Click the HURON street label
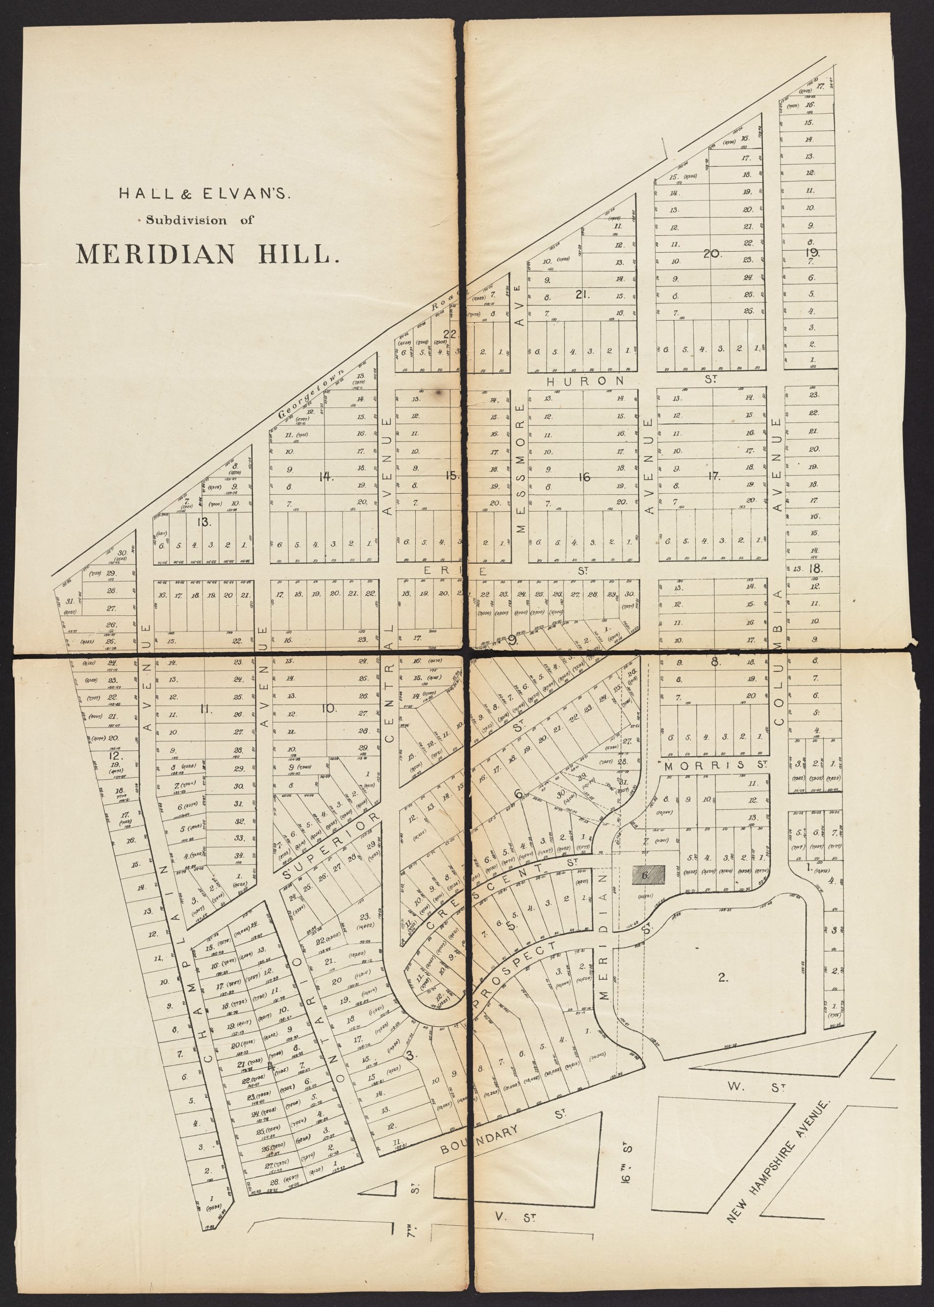[x=585, y=380]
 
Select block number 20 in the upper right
[x=712, y=253]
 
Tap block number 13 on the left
[x=203, y=523]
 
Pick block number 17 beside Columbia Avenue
[x=714, y=476]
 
